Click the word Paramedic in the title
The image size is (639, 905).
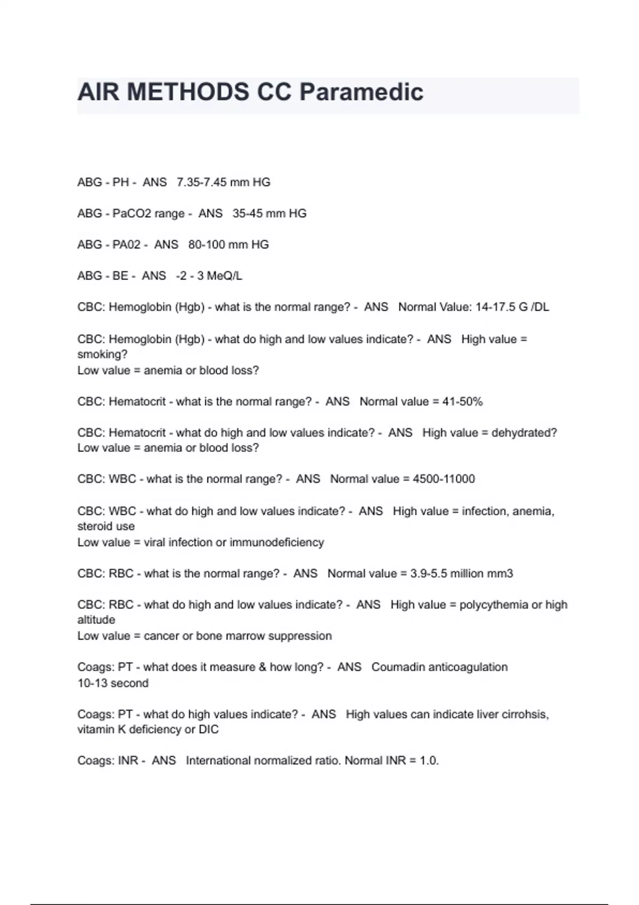coord(361,92)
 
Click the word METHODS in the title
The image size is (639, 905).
coord(188,92)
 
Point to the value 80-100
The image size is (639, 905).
coord(207,245)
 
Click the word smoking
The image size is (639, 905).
coord(102,355)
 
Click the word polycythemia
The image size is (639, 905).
coord(493,605)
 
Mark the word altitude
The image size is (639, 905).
coord(96,620)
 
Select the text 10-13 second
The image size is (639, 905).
coord(113,684)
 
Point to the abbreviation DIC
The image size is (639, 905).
coord(209,730)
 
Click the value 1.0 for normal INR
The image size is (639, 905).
coord(428,761)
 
